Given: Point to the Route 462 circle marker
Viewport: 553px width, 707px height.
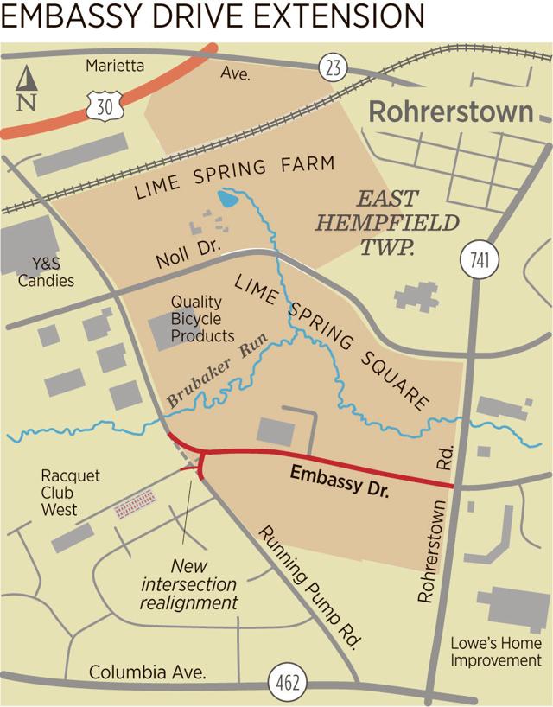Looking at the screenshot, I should pyautogui.click(x=286, y=681).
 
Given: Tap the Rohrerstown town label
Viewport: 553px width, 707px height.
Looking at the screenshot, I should pyautogui.click(x=452, y=111).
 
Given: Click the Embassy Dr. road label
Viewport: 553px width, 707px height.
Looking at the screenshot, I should pyautogui.click(x=340, y=482).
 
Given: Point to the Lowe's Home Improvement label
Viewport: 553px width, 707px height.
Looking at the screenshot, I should pyautogui.click(x=497, y=652).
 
